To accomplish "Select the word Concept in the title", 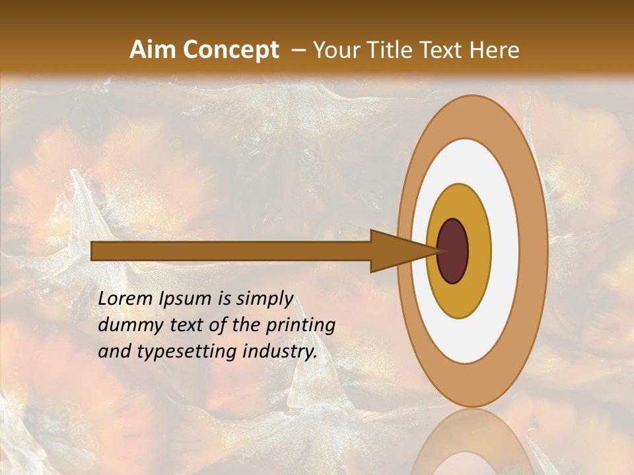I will (230, 50).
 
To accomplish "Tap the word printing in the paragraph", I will (300, 326).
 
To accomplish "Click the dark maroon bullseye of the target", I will (452, 251).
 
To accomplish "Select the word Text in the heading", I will (444, 50).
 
